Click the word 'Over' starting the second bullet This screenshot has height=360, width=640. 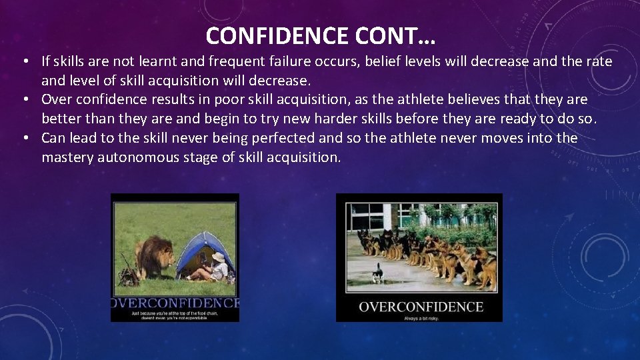point(57,99)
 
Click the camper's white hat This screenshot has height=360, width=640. point(217,257)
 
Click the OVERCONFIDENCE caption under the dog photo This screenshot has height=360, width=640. point(421,307)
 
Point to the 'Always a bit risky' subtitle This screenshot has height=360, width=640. point(420,318)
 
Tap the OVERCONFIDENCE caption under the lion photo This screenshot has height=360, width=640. point(175,303)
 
